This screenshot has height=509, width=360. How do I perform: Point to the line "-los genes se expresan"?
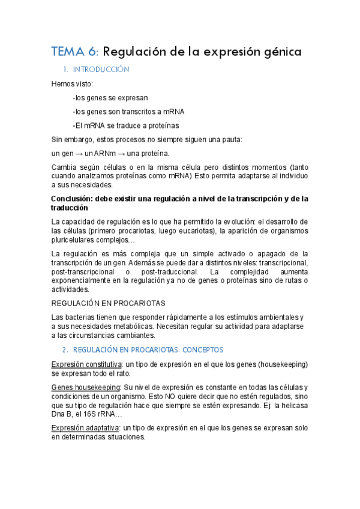110,97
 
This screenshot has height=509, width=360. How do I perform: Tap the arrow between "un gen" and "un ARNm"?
80,154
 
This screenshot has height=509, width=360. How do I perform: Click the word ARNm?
104,154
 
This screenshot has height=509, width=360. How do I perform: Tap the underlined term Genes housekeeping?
86,388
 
